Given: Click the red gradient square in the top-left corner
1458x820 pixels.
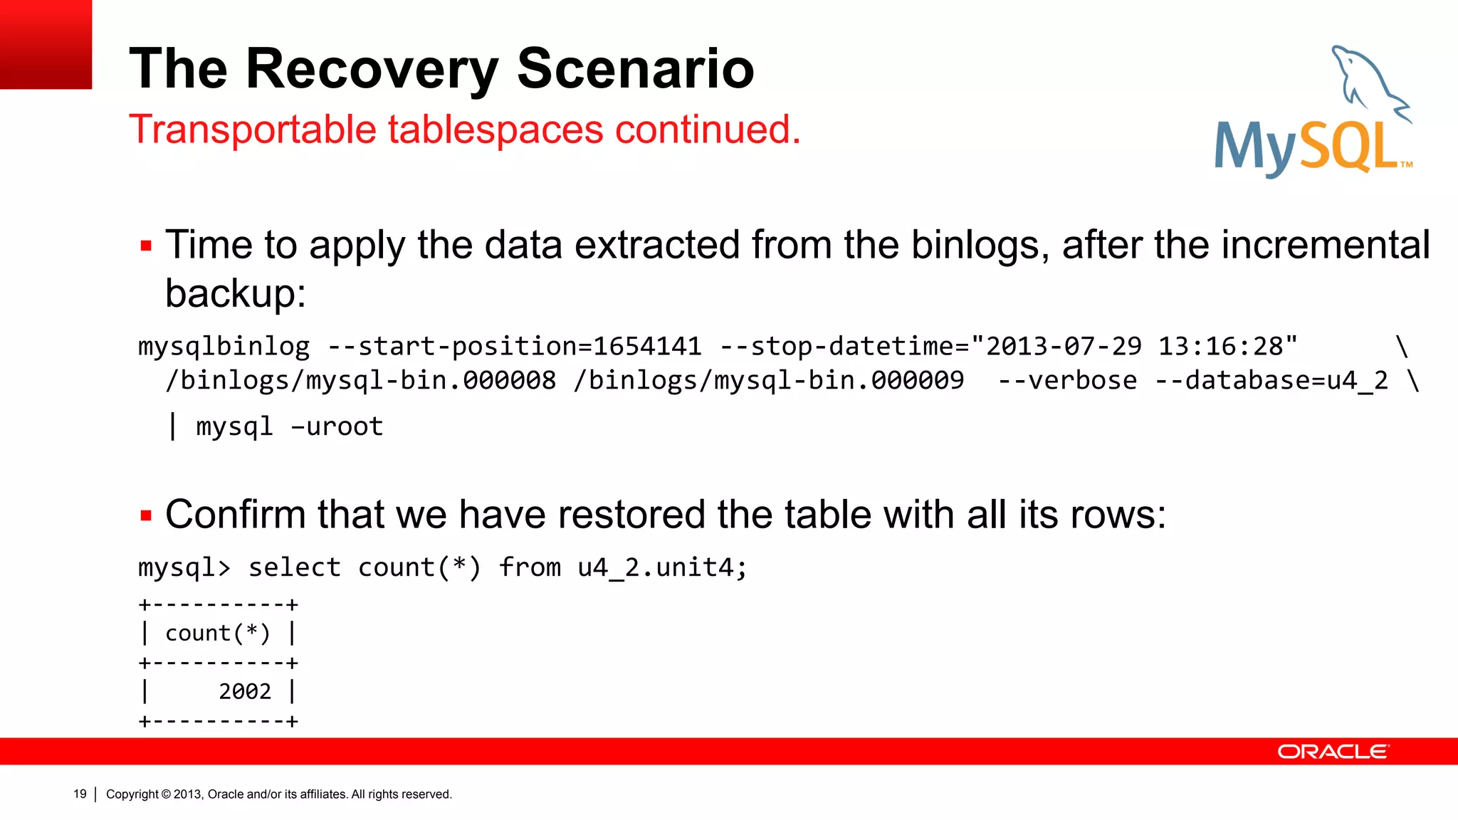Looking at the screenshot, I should coord(46,44).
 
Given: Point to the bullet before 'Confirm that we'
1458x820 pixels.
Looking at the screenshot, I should coord(147,516).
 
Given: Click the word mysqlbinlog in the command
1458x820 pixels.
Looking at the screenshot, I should coord(224,347).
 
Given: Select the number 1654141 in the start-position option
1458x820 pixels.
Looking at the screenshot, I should coord(647,347).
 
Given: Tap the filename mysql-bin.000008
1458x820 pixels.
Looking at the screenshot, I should coord(431,381).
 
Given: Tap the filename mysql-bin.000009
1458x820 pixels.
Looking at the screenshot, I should coord(839,381).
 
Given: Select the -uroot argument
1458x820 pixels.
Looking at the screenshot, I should coord(337,427).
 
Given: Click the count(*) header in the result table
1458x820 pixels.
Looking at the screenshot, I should coord(217,634).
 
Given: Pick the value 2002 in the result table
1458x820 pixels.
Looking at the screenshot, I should coord(244,692).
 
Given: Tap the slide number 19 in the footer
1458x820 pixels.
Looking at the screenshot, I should coord(80,794).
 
